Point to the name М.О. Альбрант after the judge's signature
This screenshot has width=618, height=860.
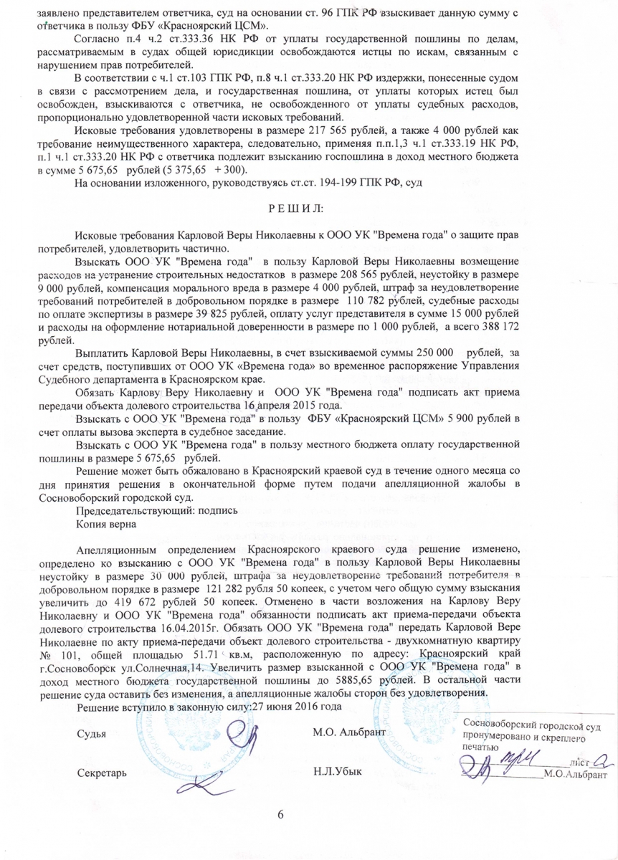coord(349,733)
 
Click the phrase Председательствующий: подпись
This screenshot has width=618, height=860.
coord(156,511)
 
